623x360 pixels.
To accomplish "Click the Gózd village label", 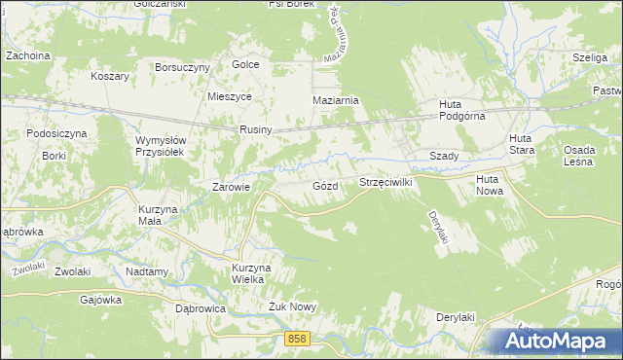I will [326, 185].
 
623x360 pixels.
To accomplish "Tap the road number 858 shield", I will [298, 338].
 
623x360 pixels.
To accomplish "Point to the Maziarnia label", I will [336, 100].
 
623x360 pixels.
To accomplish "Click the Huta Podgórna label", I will [449, 111].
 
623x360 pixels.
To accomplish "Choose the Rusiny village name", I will [256, 130].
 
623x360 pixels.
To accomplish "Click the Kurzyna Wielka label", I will [248, 273].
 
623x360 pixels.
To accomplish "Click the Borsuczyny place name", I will [183, 67].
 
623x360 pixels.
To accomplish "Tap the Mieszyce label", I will [230, 97].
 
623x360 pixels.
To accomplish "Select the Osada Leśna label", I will [585, 157].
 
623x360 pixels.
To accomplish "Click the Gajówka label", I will [101, 301].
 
